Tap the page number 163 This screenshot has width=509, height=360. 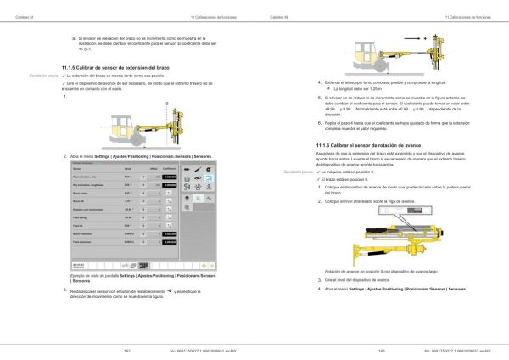coord(381,351)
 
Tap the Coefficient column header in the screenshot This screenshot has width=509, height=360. coord(169,169)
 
